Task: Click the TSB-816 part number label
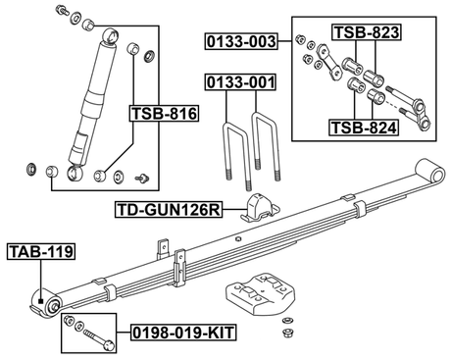pyautogui.click(x=164, y=115)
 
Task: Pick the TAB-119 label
pyautogui.click(x=40, y=252)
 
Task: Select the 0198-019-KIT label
pyautogui.click(x=186, y=334)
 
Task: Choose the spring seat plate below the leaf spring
pyautogui.click(x=257, y=294)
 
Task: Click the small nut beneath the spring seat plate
pyautogui.click(x=287, y=325)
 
